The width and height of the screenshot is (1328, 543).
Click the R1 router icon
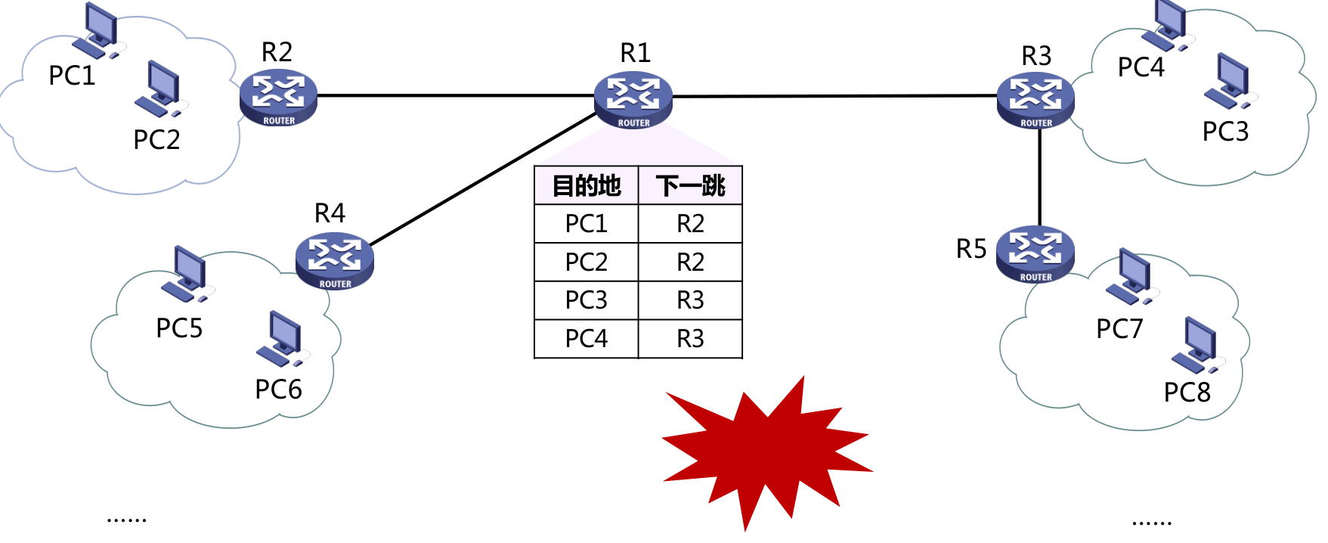[633, 100]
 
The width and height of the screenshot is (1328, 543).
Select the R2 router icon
[278, 98]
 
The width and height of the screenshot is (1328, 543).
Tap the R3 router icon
[1035, 101]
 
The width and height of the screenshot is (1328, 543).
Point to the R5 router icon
[1035, 254]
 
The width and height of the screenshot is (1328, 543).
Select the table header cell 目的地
[587, 185]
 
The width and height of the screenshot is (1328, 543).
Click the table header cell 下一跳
[690, 185]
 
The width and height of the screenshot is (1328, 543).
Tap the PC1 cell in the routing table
[587, 224]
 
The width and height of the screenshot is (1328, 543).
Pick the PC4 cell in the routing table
[587, 339]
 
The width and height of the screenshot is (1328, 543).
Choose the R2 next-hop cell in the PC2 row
[690, 262]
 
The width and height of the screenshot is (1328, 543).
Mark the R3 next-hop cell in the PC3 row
[690, 300]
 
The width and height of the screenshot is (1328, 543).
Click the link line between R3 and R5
[1039, 178]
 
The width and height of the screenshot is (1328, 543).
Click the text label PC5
[179, 328]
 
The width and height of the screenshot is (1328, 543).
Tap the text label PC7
[1119, 329]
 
